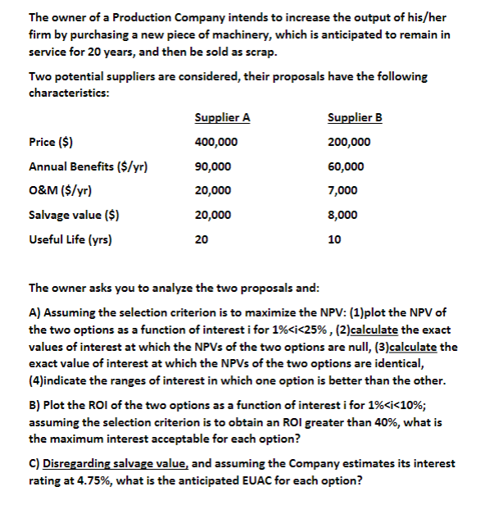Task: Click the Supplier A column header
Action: pyautogui.click(x=223, y=116)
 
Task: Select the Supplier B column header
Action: pyautogui.click(x=354, y=116)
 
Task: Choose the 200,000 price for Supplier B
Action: pyautogui.click(x=348, y=142)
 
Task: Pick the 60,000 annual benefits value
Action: pyautogui.click(x=345, y=166)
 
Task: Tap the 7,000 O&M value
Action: pyautogui.click(x=342, y=191)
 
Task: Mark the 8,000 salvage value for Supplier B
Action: pyautogui.click(x=342, y=216)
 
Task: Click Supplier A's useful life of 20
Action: pyautogui.click(x=202, y=240)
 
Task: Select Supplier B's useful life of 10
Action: pyautogui.click(x=333, y=240)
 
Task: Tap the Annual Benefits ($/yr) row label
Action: pyautogui.click(x=88, y=166)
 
